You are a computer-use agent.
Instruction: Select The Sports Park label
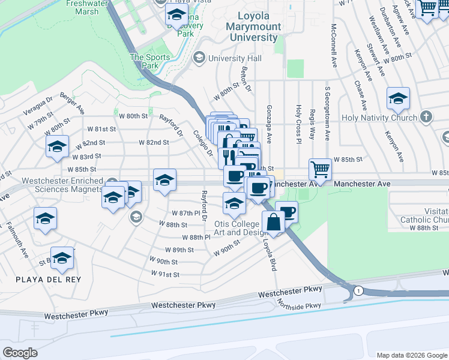[150, 62]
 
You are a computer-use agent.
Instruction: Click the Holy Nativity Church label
[378, 118]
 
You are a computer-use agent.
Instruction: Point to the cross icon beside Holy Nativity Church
[426, 117]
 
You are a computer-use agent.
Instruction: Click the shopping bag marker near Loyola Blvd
[273, 222]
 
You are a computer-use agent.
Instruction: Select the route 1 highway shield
[358, 290]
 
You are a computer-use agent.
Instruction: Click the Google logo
[20, 353]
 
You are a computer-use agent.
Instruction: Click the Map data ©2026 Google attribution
[411, 355]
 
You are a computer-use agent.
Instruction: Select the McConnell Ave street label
[334, 43]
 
